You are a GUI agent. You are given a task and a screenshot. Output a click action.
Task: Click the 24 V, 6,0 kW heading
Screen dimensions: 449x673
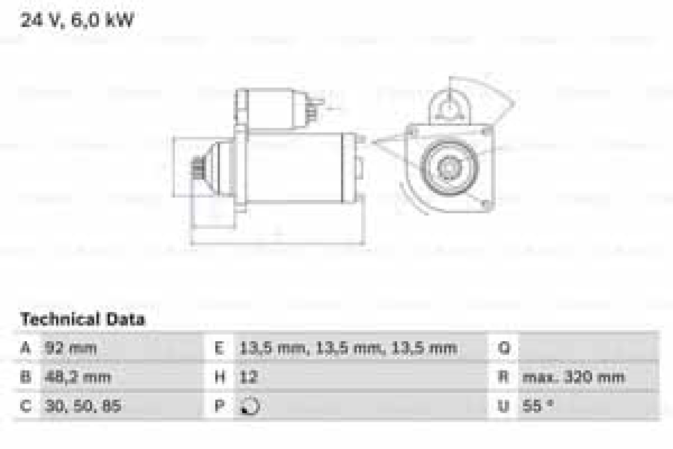point(77,21)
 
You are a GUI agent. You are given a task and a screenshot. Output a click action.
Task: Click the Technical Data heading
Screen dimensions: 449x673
point(82,320)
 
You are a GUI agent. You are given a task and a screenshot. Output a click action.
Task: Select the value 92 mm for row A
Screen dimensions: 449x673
point(71,349)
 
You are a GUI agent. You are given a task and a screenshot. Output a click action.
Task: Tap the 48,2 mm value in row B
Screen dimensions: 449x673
point(77,377)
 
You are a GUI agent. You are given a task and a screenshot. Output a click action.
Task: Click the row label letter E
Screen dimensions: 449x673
point(220,349)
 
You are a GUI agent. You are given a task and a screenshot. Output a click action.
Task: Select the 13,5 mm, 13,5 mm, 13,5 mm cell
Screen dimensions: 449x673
point(348,349)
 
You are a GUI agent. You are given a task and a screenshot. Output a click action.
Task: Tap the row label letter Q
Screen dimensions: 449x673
point(504,349)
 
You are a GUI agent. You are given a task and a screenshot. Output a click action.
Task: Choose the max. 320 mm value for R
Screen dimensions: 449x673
point(573,377)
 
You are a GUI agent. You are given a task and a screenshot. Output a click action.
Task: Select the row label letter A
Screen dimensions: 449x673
point(25,349)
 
